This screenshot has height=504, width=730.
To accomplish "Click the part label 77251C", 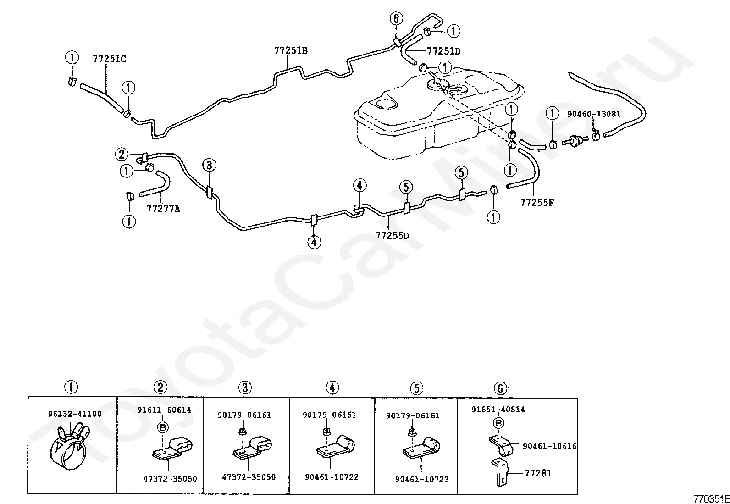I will coord(109,59).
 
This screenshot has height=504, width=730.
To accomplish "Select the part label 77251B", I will coord(291,50).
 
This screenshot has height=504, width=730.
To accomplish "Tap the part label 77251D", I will coord(443,51).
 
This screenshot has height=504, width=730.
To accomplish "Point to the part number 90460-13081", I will coord(593,114).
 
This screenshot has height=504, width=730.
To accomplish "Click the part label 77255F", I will coord(536,202).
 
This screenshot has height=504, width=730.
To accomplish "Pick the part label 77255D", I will coord(392,236).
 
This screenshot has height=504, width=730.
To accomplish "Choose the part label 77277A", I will coord(163,209).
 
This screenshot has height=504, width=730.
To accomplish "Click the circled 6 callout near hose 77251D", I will coord(396,19).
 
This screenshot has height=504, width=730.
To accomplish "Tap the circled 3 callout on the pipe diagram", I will coord(209,165).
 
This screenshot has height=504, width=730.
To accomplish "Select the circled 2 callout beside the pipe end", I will coord(122,155).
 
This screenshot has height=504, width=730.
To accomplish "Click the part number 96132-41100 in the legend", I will coord(75,414).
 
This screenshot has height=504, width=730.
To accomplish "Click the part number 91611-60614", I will coord(164,410).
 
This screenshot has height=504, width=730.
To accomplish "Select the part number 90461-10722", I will coord(332,477).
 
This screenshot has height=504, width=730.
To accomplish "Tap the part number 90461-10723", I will coord(422,479).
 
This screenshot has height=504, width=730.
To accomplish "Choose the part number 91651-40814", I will coord(498,410).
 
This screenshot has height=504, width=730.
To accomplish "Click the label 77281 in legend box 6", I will coord(538,473).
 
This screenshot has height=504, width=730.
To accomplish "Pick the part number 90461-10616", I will coord(549,446).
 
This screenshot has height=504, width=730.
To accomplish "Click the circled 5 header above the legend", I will coord(416,388).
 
